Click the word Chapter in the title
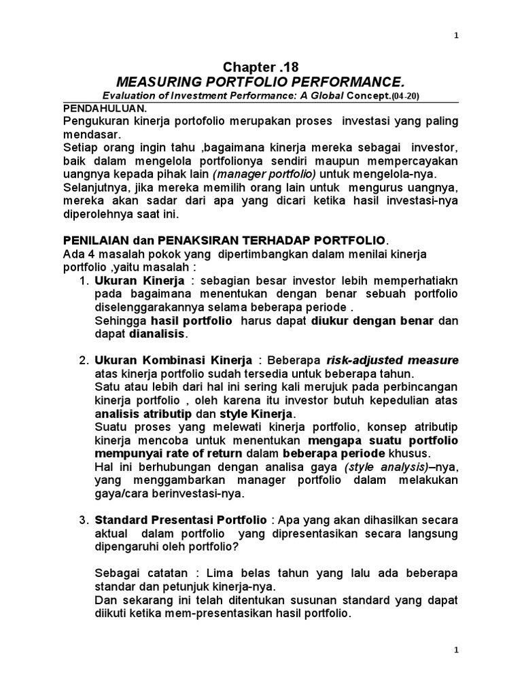tap(247, 67)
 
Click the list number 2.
tap(84, 360)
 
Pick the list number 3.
tap(84, 520)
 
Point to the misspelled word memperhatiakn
tap(422, 281)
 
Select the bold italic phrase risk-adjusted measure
tap(392, 360)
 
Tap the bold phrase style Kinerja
tap(256, 413)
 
